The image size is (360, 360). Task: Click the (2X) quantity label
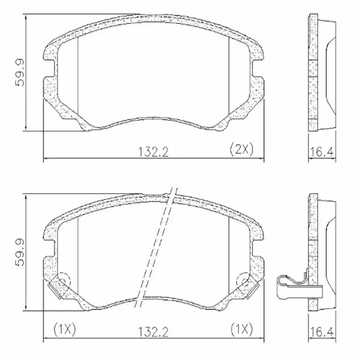[x=241, y=149]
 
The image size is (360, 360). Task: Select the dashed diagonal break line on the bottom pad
[x=155, y=248]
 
